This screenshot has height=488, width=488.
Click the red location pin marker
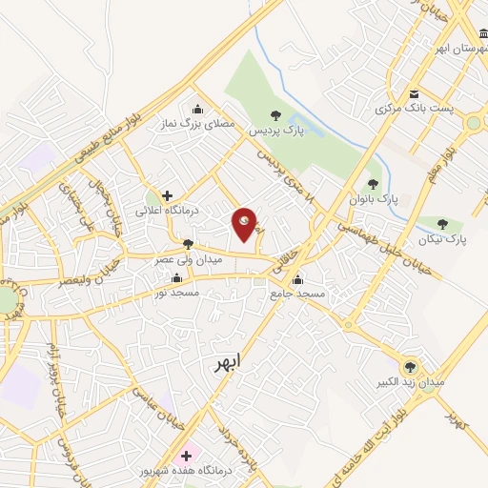pos(245,225)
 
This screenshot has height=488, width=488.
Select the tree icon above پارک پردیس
pos(275,114)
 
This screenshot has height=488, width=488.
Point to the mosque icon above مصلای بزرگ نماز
pos(196,107)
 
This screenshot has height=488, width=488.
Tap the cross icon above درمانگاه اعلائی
pos(168,194)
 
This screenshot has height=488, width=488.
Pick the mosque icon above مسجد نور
pos(176,278)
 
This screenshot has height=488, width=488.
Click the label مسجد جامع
pos(297,295)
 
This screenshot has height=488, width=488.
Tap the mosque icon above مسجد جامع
pos(297,280)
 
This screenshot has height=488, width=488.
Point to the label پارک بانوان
pos(372,199)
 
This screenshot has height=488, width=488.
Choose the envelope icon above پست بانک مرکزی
pos(414,94)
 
